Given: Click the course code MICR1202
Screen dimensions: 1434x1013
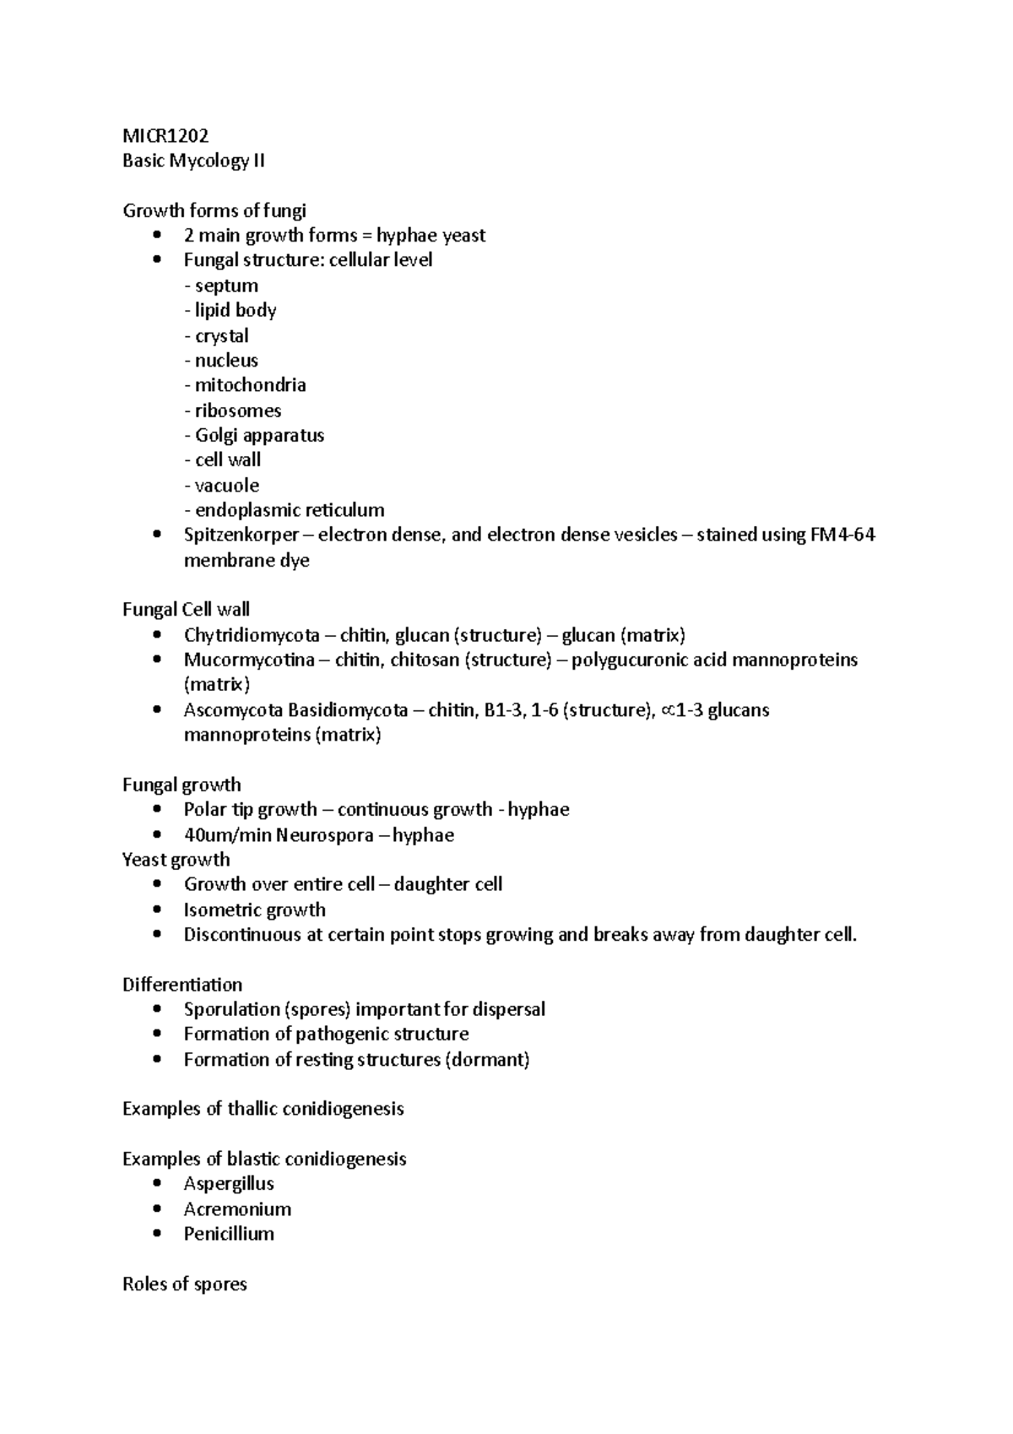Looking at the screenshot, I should coord(165,136).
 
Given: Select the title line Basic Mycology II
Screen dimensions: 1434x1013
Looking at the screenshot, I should coord(193,161).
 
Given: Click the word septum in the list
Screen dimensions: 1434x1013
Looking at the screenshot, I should coord(226,285).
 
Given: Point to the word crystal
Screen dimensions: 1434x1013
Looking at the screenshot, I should coord(221,336).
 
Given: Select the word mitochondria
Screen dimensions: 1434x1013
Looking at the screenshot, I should coord(250,385).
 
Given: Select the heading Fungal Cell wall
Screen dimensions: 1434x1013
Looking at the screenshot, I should coord(186,610).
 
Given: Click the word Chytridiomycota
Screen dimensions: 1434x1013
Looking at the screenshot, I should coord(252,635).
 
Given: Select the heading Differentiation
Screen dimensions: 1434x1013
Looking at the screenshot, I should coord(182,985).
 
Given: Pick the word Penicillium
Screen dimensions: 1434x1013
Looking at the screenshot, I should coord(229,1234).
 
